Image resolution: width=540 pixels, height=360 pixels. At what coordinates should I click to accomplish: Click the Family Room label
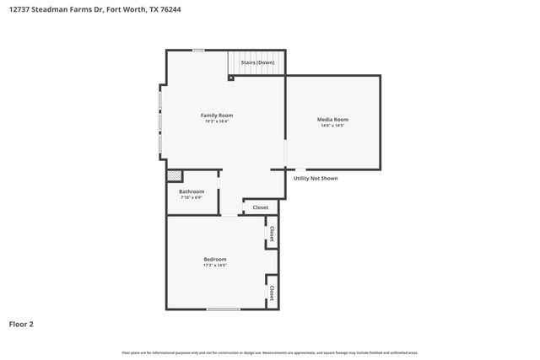[x=216, y=115]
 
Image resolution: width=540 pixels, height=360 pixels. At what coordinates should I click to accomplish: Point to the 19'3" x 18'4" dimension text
[x=216, y=121]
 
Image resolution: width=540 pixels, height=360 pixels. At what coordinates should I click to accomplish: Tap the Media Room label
[x=332, y=120]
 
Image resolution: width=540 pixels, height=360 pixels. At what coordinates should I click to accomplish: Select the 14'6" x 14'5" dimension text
[x=332, y=126]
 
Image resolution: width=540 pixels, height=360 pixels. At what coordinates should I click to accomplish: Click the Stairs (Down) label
[x=257, y=62]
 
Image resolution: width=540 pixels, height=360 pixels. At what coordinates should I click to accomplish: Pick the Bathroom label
[x=192, y=191]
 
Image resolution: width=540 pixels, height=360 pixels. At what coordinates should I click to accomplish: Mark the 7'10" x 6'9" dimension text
[x=192, y=198]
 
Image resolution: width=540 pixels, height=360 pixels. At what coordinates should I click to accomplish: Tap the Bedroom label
[x=215, y=259]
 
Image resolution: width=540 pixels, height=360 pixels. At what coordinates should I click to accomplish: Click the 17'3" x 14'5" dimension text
[x=215, y=266]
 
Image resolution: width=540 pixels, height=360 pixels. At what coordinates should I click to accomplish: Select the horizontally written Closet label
[x=261, y=207]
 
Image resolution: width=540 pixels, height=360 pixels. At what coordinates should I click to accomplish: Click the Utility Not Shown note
[x=316, y=178]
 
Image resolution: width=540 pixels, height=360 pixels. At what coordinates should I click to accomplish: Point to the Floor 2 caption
[x=21, y=323]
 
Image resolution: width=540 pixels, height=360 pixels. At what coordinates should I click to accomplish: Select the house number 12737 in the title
[x=20, y=9]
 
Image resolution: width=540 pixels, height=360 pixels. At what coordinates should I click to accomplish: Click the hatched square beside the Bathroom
[x=175, y=176]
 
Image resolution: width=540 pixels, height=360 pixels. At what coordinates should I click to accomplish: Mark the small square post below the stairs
[x=231, y=78]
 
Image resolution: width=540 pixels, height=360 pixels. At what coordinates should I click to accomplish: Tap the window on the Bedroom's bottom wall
[x=223, y=309]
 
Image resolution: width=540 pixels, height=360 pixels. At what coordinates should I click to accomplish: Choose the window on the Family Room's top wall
[x=197, y=51]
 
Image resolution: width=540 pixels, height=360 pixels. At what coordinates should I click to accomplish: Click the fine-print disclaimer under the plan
[x=269, y=352]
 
